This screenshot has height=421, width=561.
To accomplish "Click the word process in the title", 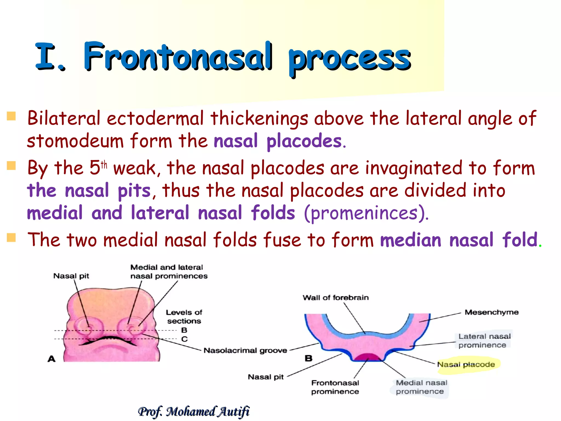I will point(349,59).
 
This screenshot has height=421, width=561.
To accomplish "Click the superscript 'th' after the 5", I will point(104,165).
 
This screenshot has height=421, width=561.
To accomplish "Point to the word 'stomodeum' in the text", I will point(75,141).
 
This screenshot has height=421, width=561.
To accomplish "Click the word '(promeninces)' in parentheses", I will point(366,213).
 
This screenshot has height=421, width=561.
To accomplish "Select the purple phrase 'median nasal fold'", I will point(459,240).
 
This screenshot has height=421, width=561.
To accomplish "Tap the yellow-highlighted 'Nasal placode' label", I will point(466,365).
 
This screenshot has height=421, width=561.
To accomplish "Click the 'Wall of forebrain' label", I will point(336,297).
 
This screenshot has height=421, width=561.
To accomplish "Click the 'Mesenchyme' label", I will point(491,312).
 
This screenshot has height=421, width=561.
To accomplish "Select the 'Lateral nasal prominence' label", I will point(484,340).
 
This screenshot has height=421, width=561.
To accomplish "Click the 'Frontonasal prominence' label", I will point(335,387).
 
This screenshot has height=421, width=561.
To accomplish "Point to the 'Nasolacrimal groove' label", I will point(245,350).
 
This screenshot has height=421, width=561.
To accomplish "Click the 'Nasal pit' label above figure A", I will point(71,276).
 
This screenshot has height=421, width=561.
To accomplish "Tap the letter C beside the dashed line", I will point(184,339).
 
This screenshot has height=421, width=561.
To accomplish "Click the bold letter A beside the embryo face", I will point(51,359).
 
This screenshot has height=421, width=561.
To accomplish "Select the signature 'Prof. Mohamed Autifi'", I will point(194,411).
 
